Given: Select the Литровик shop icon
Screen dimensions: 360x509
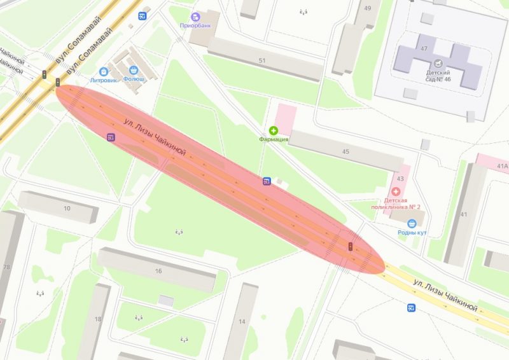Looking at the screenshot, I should tap(103, 71).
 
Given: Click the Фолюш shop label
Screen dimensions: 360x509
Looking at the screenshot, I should tap(134, 80).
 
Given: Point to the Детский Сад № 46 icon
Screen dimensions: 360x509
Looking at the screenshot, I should tap(438, 64).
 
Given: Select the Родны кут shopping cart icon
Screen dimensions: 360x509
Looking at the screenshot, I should tap(412, 223).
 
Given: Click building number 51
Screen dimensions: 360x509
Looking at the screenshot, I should tap(262, 60).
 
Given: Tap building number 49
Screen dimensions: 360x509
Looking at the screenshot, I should tap(368, 8).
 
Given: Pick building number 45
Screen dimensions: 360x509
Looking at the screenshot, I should tap(345, 151).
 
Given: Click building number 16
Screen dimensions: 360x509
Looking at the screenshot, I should tap(158, 271).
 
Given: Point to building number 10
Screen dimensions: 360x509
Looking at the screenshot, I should tap(67, 209).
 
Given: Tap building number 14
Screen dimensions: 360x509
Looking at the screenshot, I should tap(242, 322).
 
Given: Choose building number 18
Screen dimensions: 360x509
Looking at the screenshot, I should tap(98, 319).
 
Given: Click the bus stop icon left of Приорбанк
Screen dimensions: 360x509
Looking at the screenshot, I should tap(143, 16).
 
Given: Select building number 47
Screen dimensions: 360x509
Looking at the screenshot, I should tap(424, 49).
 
